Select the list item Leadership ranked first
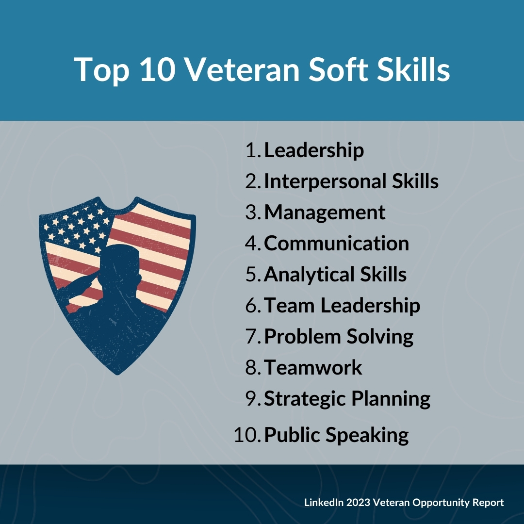click(314, 150)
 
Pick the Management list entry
click(325, 212)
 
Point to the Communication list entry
click(337, 243)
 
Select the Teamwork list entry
click(313, 367)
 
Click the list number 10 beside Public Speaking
click(247, 435)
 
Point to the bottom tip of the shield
click(117, 374)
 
